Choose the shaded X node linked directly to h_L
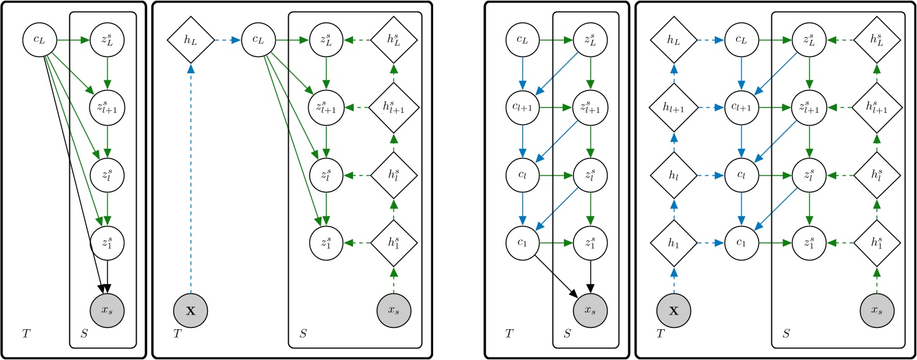tap(190, 311)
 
